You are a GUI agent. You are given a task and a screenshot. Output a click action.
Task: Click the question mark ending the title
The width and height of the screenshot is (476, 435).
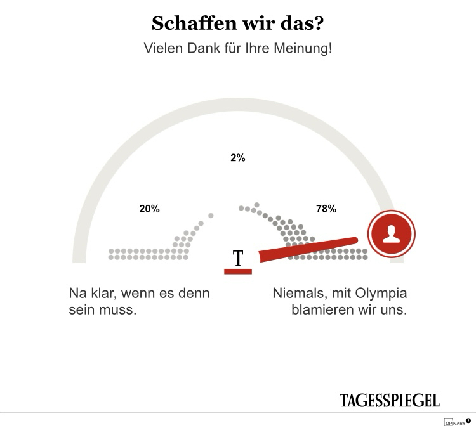(x=318, y=24)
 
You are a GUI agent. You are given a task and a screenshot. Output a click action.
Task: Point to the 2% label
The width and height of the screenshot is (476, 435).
(x=238, y=159)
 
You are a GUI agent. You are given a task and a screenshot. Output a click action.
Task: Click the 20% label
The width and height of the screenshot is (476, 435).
(x=150, y=209)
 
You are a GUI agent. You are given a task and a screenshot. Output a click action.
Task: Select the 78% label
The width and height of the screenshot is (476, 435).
(x=326, y=209)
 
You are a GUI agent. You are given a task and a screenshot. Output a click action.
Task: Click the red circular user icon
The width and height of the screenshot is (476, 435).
(x=392, y=233)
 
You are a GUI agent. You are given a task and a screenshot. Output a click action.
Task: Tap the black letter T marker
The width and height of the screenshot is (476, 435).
(x=238, y=258)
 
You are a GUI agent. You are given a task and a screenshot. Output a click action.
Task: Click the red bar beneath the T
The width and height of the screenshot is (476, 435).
(x=238, y=271)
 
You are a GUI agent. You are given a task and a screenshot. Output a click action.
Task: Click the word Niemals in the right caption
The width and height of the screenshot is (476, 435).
(x=298, y=294)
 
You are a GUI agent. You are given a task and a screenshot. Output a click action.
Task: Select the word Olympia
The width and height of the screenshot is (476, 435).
(x=383, y=294)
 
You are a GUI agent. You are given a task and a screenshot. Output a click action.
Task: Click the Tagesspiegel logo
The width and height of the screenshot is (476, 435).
(x=389, y=400)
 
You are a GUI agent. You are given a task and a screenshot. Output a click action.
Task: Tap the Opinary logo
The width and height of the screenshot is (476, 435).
(x=454, y=422)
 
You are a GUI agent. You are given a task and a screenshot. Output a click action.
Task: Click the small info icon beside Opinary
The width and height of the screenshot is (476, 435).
(x=468, y=420)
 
